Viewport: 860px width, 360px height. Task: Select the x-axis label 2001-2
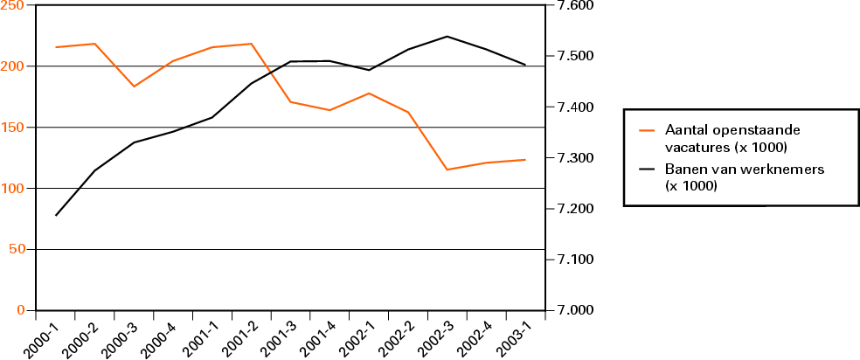(x=234, y=337)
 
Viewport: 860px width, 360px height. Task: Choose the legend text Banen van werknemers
(x=721, y=177)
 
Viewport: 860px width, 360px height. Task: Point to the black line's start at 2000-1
(x=56, y=215)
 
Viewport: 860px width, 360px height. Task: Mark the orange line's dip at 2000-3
(x=134, y=87)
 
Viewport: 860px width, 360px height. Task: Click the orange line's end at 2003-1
(x=524, y=160)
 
